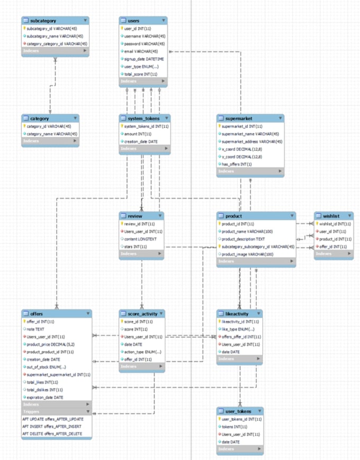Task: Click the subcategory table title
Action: [x=44, y=20]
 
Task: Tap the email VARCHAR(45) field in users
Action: [x=140, y=51]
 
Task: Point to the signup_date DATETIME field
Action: [x=143, y=59]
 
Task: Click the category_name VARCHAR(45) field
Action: [x=51, y=134]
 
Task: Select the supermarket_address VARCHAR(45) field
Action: [x=251, y=142]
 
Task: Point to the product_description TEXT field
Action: [x=243, y=239]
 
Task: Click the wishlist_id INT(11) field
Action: [x=335, y=224]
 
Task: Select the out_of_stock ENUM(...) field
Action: [x=46, y=367]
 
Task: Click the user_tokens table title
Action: [x=238, y=411]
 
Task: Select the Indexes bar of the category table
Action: [x=50, y=141]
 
